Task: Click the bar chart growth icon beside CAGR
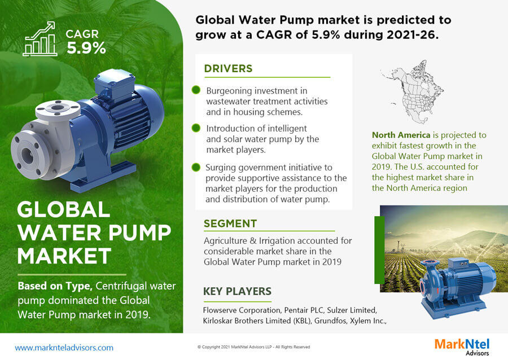point(40,39)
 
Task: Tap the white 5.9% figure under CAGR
point(86,48)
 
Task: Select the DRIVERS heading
point(228,69)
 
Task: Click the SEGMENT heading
point(230,223)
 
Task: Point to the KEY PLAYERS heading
point(237,291)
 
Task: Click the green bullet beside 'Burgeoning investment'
point(196,90)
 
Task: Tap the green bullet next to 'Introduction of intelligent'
point(196,128)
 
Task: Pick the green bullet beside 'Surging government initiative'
point(196,167)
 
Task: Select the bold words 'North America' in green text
point(401,135)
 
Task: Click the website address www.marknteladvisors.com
point(64,348)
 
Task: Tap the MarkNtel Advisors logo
point(462,346)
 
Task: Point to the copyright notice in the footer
point(253,346)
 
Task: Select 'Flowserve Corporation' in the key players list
point(242,310)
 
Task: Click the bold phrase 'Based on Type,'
point(55,286)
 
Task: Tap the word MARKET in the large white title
point(64,256)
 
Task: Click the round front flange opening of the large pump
point(27,156)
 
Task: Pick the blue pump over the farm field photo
point(457,287)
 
